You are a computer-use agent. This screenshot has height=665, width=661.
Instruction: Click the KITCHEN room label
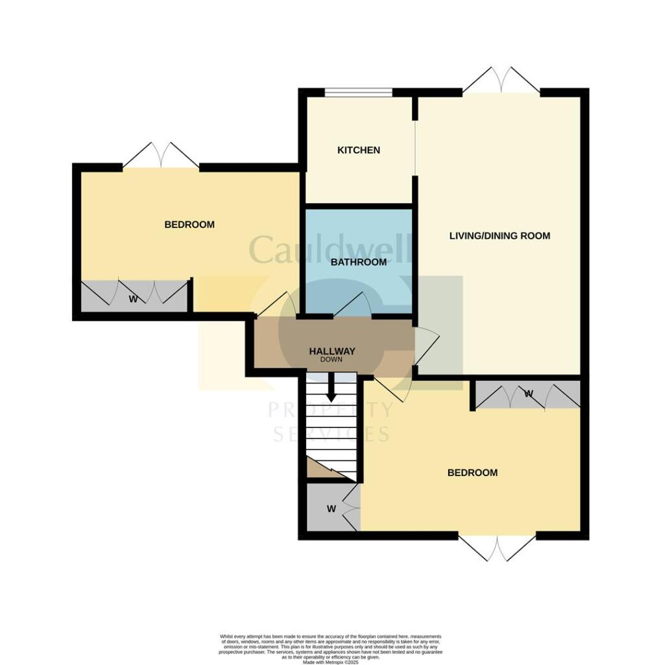pos(358,150)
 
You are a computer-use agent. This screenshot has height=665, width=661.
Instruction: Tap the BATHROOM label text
pos(358,262)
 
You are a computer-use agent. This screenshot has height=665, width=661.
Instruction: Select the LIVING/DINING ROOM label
pos(499,236)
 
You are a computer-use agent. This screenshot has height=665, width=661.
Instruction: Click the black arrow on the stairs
pos(331,390)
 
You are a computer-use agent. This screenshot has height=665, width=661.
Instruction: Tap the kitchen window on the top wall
pos(358,93)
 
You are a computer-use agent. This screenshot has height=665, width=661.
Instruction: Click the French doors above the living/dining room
pos(501,81)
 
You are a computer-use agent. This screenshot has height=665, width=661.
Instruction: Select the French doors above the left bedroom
pos(161,157)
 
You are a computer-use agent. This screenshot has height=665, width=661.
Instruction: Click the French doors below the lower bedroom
pos(497,547)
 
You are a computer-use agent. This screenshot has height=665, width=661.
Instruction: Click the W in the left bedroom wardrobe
pos(133,299)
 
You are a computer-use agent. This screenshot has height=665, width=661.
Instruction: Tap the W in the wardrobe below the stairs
pos(331,508)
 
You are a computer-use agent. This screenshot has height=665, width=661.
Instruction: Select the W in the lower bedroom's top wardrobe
pos(528,394)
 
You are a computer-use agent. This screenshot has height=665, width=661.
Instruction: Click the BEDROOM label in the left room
pos(189,225)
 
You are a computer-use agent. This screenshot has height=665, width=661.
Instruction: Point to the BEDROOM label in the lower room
pos(472,473)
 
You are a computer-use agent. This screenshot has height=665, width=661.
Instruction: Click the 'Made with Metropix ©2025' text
pos(330,660)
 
